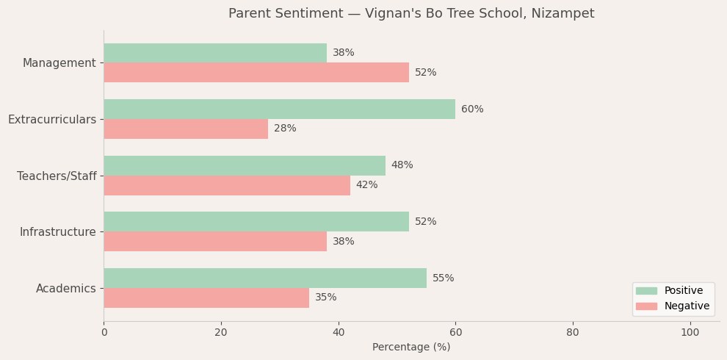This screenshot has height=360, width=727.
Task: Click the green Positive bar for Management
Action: (x=214, y=53)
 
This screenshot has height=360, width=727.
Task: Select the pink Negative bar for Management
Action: (x=256, y=73)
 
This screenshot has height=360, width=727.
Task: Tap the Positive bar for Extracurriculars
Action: (x=279, y=109)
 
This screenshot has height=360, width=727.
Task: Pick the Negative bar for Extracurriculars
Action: (x=185, y=129)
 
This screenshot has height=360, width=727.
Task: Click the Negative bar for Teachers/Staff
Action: (x=226, y=185)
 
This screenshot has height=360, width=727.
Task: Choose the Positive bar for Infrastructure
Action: (x=256, y=222)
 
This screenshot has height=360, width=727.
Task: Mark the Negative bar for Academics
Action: (x=206, y=298)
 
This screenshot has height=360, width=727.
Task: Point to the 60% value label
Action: (x=472, y=109)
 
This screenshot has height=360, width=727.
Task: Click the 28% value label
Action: (x=285, y=129)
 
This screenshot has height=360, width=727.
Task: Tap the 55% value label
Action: (x=443, y=278)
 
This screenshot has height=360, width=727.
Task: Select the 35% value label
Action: (x=326, y=298)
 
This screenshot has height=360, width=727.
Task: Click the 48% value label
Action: (x=402, y=165)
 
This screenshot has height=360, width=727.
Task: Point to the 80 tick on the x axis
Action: (x=573, y=333)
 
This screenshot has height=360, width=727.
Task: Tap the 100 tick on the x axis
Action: (x=690, y=333)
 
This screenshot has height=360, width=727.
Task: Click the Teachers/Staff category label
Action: (x=57, y=176)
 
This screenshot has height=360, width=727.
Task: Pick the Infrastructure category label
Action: (x=58, y=232)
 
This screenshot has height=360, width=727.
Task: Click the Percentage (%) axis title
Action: (x=411, y=348)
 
